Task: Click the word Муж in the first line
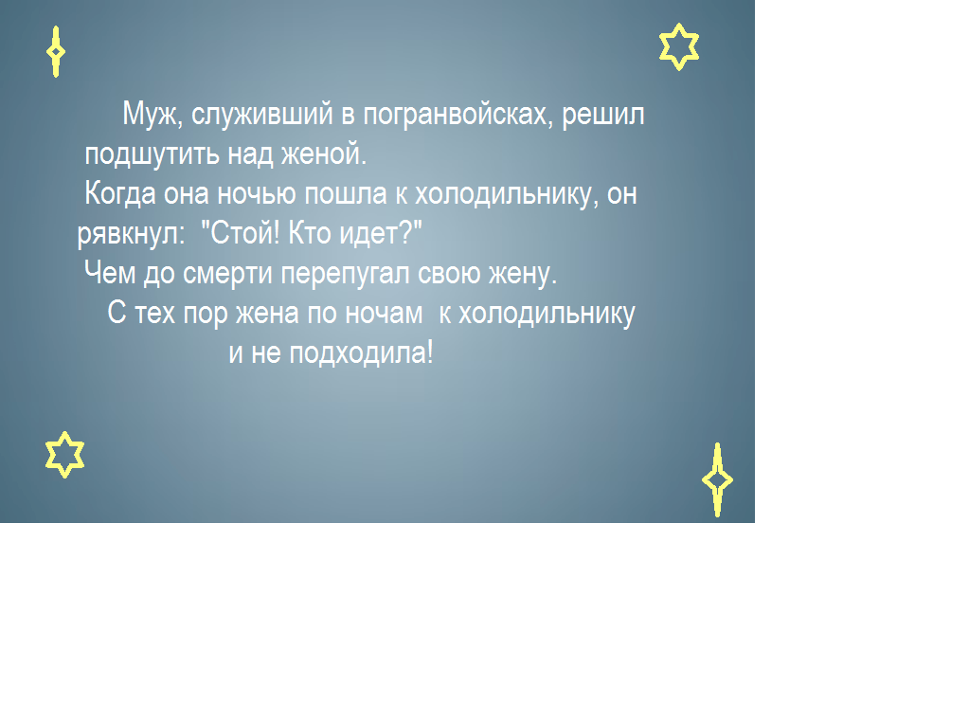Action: tap(153, 115)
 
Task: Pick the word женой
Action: tap(324, 153)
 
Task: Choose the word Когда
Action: tap(120, 193)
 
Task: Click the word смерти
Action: tap(227, 274)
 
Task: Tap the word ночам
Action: tap(384, 314)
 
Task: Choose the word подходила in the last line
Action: tap(362, 353)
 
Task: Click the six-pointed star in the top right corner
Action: tap(679, 46)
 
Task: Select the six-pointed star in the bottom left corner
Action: tap(65, 455)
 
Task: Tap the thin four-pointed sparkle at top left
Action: tap(56, 52)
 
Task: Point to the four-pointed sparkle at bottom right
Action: tap(717, 479)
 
